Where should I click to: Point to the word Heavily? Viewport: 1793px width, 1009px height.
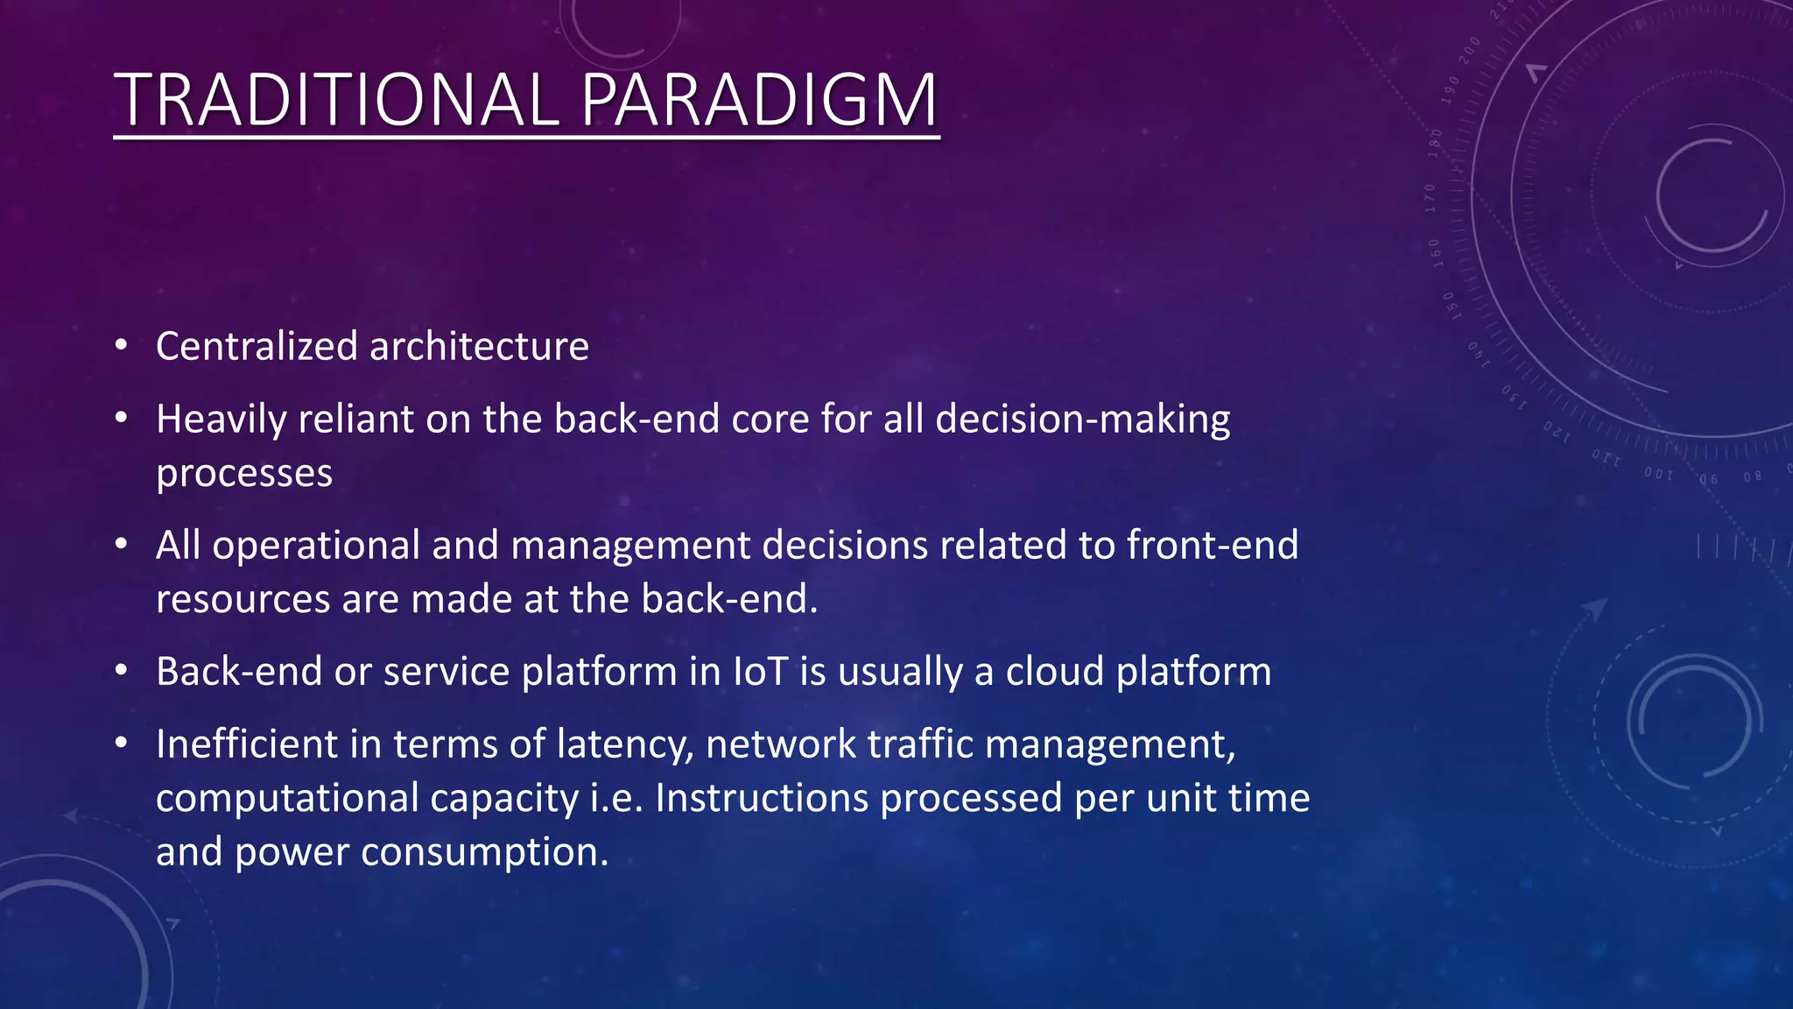pos(221,420)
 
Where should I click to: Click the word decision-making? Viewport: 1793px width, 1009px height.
pos(1082,420)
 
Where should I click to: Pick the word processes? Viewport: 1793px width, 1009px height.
pos(244,474)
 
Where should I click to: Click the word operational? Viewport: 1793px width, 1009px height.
pos(316,545)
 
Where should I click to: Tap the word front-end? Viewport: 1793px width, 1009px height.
pos(1213,545)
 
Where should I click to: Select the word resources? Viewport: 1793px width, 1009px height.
pos(243,599)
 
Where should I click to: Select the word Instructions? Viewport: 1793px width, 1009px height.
pos(761,798)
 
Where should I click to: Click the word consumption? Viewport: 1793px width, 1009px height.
pos(484,852)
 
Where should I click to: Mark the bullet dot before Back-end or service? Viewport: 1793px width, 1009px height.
pos(122,671)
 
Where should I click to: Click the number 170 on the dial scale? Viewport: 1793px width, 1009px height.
pos(1431,199)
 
